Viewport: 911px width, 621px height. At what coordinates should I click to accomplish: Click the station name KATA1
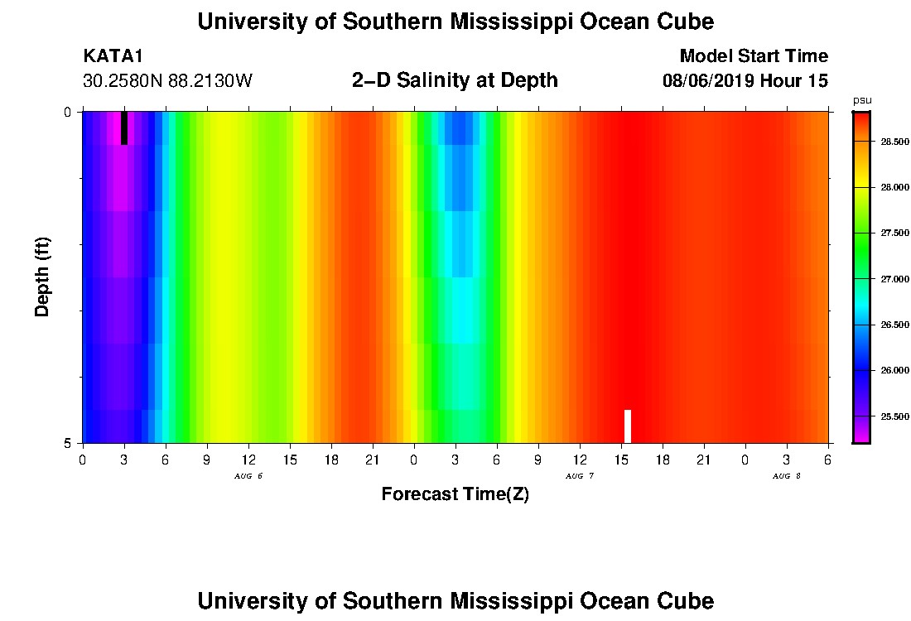[113, 56]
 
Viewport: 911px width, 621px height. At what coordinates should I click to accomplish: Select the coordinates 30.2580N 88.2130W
[167, 81]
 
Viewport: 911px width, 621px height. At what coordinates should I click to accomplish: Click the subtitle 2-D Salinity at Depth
[455, 80]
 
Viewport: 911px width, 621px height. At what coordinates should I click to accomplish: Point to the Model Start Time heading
[753, 56]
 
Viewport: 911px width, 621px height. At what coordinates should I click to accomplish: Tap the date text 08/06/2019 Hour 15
[745, 81]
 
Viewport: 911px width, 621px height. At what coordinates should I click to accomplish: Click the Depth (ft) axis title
[43, 276]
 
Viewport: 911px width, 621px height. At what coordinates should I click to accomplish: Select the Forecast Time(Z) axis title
[455, 494]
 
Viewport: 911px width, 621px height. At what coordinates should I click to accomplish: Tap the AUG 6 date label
[248, 476]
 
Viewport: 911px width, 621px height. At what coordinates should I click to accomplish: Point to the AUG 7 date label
[580, 476]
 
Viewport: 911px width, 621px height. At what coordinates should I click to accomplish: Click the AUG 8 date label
[787, 476]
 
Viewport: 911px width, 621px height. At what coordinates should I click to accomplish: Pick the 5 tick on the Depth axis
[69, 443]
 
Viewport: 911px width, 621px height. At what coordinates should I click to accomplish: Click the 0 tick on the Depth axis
[69, 112]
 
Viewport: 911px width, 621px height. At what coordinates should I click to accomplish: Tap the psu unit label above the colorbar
[861, 100]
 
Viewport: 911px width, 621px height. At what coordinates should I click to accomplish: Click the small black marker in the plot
[124, 128]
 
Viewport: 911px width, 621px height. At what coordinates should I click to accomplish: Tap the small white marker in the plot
[628, 426]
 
